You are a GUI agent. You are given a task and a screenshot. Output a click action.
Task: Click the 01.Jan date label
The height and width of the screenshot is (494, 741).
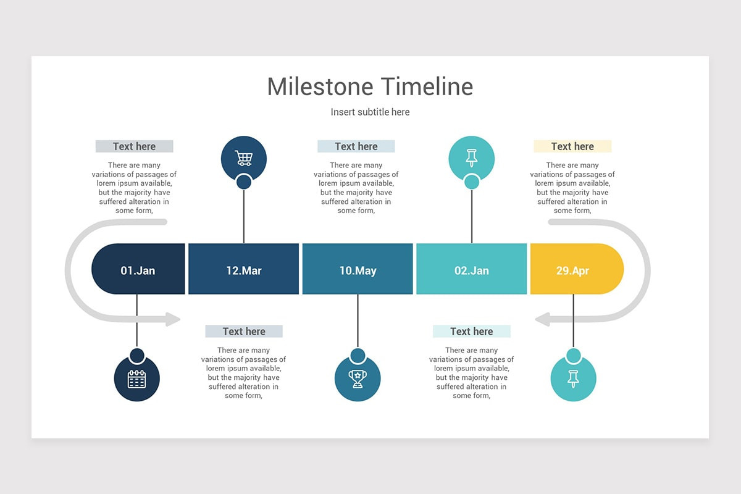click(x=138, y=270)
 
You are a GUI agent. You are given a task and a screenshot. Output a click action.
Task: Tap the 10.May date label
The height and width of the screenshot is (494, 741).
click(x=358, y=270)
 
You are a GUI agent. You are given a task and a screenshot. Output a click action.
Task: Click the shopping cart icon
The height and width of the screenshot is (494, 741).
click(x=244, y=158)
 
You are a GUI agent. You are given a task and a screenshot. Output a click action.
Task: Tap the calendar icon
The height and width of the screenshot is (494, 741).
click(x=136, y=379)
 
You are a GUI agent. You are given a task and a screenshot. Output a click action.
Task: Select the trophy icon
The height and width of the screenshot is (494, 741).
click(x=358, y=379)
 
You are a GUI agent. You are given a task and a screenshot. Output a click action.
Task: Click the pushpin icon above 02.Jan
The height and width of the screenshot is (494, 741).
click(x=472, y=158)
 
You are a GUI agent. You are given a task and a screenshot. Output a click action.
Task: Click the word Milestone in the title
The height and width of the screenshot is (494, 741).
click(x=320, y=86)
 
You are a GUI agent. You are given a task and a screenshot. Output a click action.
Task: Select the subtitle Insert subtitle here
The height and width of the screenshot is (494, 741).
click(x=370, y=112)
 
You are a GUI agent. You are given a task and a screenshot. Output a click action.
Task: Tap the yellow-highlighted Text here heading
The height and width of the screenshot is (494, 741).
click(x=572, y=146)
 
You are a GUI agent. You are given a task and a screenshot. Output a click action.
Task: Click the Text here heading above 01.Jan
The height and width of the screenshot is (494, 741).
click(x=134, y=146)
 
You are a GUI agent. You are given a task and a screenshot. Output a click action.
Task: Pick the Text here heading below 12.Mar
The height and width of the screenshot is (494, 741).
click(x=244, y=332)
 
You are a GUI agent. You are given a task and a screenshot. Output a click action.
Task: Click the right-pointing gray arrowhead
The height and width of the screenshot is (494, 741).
click(x=172, y=319)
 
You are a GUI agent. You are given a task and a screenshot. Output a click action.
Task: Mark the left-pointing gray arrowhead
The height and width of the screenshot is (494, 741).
click(x=543, y=319)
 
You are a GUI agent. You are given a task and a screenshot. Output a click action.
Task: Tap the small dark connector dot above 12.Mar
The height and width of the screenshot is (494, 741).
click(x=244, y=182)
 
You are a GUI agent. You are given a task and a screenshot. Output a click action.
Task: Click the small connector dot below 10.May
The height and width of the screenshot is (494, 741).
click(x=358, y=356)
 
